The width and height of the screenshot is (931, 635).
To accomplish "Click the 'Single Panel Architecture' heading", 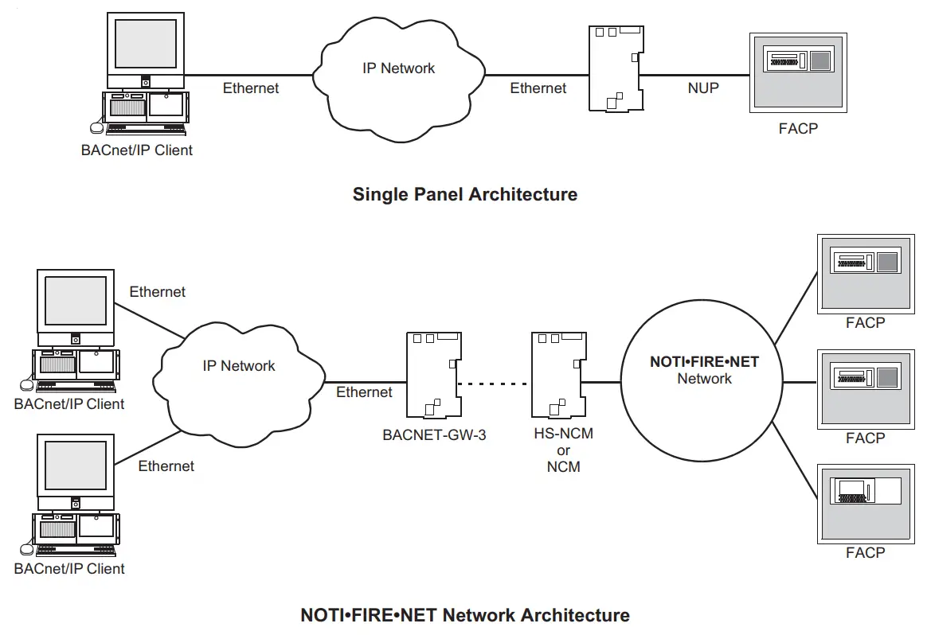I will click(464, 194).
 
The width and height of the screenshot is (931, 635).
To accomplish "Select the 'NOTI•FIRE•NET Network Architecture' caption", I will click(464, 615).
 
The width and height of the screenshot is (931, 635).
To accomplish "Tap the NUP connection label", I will click(702, 88).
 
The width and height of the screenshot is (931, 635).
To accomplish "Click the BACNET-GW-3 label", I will click(434, 435).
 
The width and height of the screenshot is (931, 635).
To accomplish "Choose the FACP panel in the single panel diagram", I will click(797, 72).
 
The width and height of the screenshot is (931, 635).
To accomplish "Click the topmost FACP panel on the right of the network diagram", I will click(865, 272).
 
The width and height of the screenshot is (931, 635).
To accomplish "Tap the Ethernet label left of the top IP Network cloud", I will click(251, 88).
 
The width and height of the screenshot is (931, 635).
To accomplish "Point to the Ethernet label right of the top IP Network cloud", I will click(538, 88).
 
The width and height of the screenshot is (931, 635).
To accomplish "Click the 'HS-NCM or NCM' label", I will click(563, 450).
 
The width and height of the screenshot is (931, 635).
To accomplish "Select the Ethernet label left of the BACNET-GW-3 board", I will click(364, 392).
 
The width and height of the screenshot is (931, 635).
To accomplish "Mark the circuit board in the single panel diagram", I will click(616, 68).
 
